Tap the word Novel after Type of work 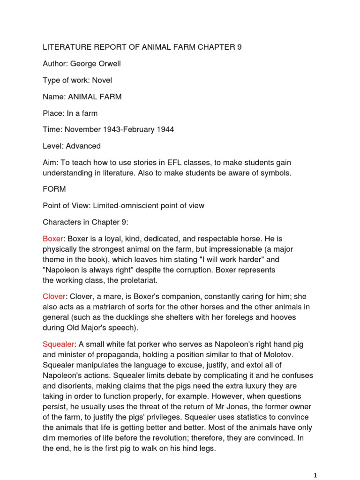(102, 80)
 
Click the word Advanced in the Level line (83, 146)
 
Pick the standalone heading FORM (54, 189)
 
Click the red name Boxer (52, 239)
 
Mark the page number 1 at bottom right (316, 475)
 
